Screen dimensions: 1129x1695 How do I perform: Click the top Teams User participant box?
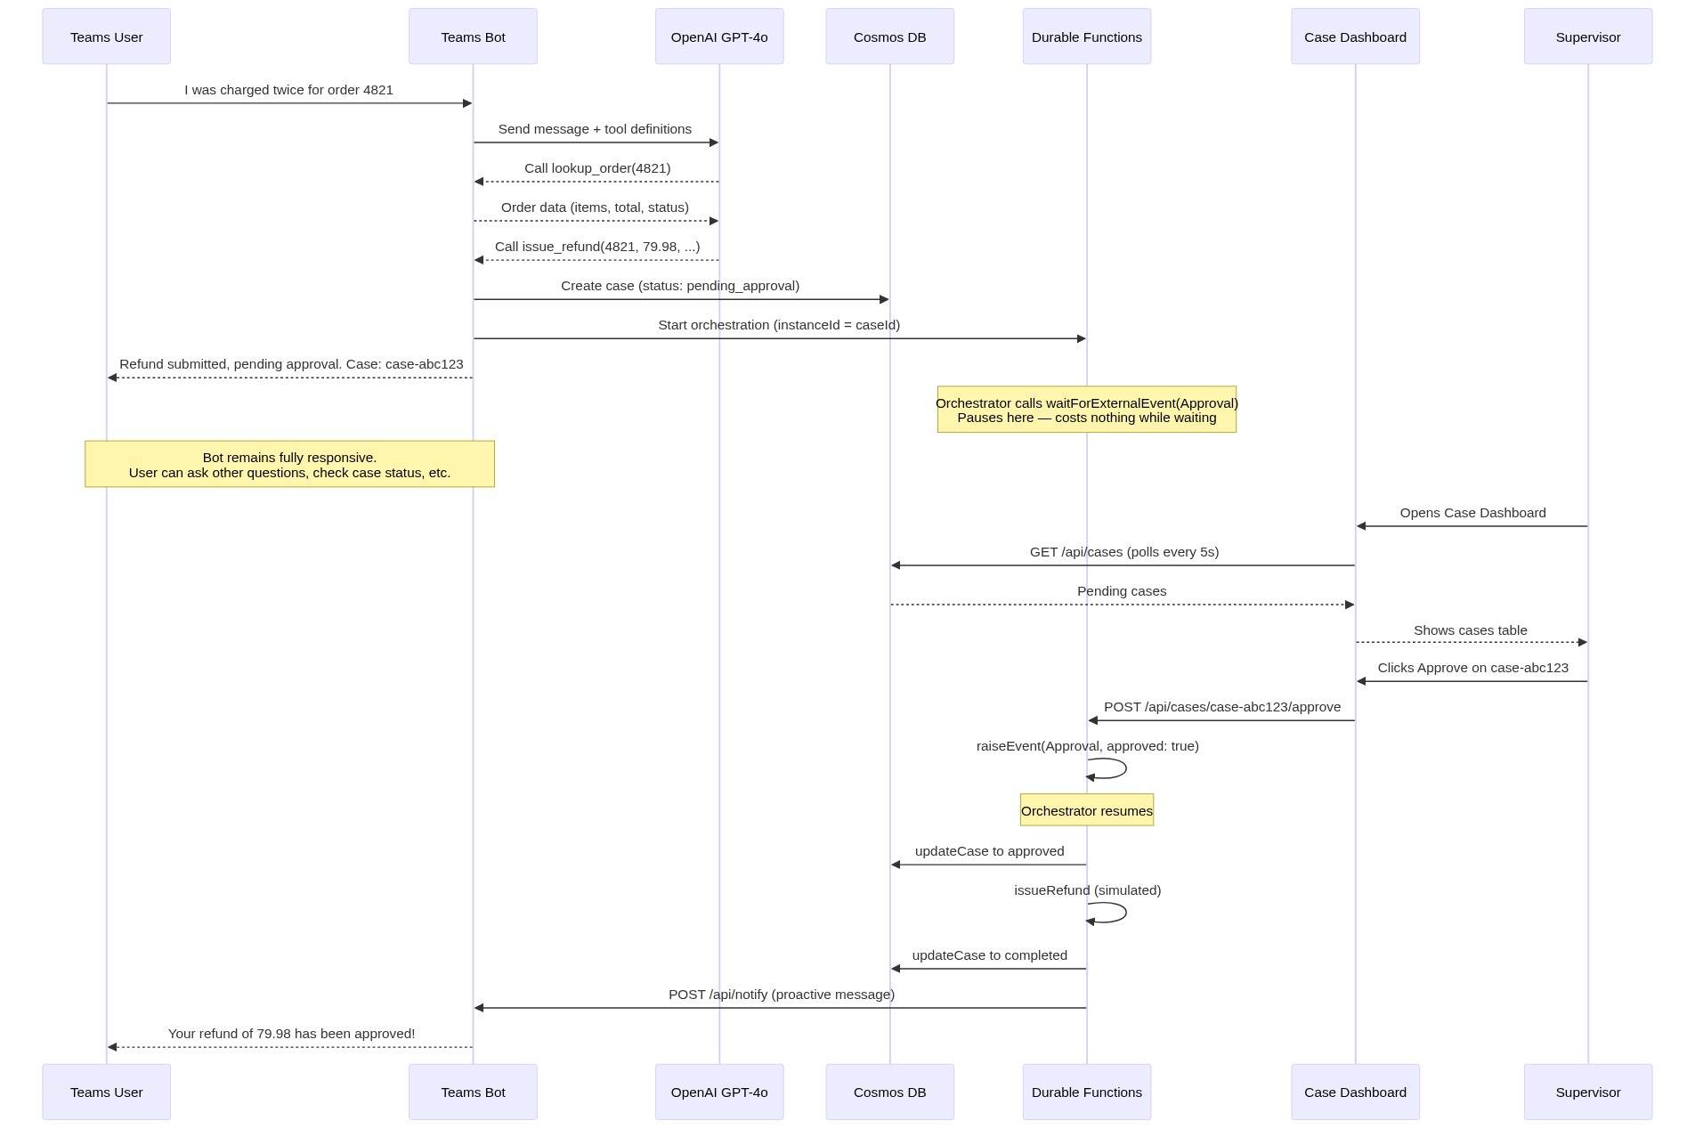click(106, 37)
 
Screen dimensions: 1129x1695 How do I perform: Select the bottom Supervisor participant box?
click(1587, 1092)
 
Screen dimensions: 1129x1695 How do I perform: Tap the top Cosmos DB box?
click(889, 37)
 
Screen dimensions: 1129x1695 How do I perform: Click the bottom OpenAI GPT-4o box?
click(719, 1092)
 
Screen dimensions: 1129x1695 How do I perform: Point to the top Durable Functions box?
click(1086, 37)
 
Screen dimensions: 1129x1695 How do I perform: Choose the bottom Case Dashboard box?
click(1355, 1092)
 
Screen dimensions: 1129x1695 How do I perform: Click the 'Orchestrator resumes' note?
click(1086, 810)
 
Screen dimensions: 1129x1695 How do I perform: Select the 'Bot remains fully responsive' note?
click(289, 464)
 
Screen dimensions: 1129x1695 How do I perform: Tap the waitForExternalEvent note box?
click(1086, 410)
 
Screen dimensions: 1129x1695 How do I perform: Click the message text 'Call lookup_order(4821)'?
click(597, 168)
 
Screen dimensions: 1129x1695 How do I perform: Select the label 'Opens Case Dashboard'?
click(1472, 513)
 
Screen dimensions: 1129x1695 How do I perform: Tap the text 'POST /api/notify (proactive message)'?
click(782, 995)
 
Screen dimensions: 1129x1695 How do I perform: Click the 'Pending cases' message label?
click(1122, 591)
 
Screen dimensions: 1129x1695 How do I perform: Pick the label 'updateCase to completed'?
click(989, 955)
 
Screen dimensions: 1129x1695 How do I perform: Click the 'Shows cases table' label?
click(1470, 630)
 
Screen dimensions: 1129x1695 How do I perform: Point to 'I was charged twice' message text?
click(288, 90)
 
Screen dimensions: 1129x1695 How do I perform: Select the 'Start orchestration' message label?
click(779, 325)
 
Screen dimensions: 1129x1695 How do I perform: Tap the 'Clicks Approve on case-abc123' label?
click(1472, 668)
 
